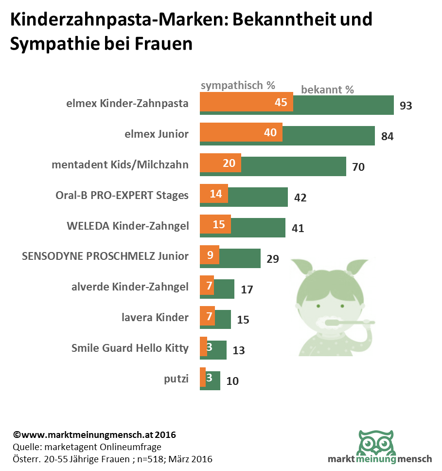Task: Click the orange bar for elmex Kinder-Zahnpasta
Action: click(x=246, y=103)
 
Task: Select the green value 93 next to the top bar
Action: click(x=406, y=105)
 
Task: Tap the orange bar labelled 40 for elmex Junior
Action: click(x=241, y=132)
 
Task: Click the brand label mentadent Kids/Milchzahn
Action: click(x=120, y=164)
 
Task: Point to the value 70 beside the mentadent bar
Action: click(x=358, y=167)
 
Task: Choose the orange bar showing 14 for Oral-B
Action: click(x=214, y=194)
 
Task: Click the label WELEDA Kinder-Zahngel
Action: click(x=127, y=226)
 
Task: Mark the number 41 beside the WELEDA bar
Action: click(x=298, y=228)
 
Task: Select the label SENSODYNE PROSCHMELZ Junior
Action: click(x=106, y=256)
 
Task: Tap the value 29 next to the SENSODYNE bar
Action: click(x=273, y=259)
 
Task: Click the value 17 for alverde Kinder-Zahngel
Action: click(x=247, y=290)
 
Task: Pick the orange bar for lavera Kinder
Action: click(x=207, y=317)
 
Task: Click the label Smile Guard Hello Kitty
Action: click(x=130, y=348)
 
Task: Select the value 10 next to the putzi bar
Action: click(x=233, y=380)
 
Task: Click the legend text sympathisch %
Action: click(x=238, y=85)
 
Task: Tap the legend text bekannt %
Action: click(x=327, y=90)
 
